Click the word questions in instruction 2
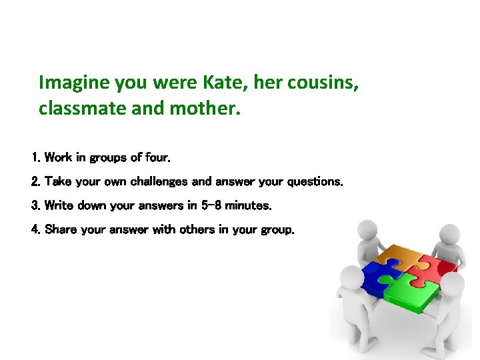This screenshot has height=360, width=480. coord(315,181)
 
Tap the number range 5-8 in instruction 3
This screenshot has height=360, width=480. coord(209,205)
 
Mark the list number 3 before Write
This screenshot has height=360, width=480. coord(35,205)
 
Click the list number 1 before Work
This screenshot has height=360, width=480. coord(35,158)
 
